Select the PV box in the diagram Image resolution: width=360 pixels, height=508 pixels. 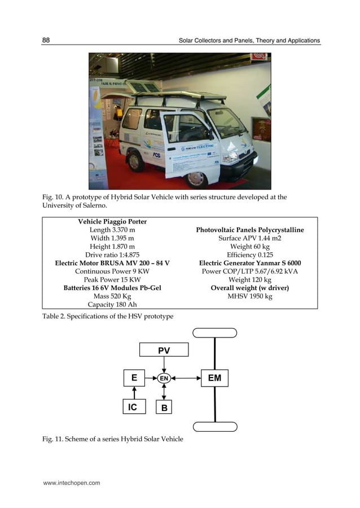point(164,351)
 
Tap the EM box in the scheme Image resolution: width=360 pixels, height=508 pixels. point(214,378)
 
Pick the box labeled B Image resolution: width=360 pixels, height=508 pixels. point(164,407)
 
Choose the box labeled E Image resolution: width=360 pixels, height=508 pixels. point(134,378)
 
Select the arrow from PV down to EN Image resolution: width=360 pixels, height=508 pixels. point(164,365)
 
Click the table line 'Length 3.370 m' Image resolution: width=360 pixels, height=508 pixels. point(112,230)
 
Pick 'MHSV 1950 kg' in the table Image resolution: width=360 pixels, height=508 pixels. point(249,296)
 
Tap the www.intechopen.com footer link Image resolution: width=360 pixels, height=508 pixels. point(68,483)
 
